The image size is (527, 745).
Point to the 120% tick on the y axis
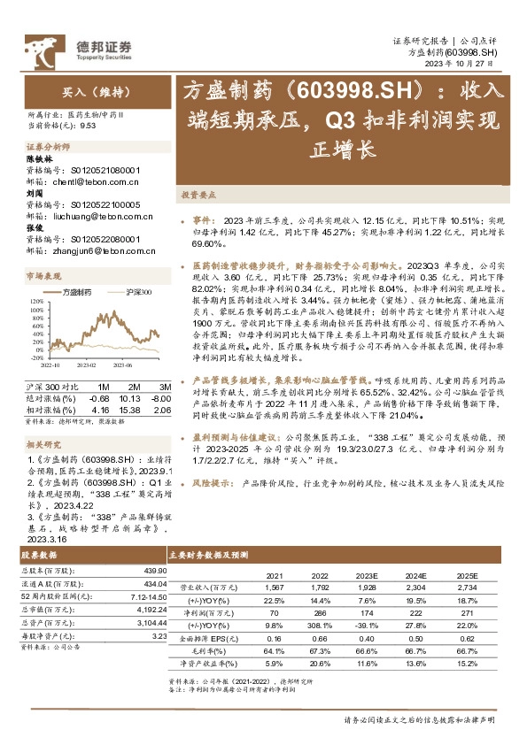coord(36,302)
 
